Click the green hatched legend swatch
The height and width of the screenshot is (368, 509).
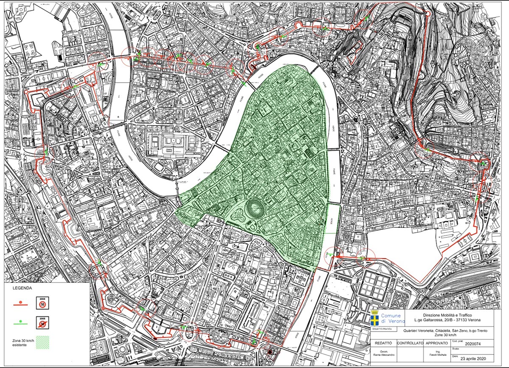click(42, 342)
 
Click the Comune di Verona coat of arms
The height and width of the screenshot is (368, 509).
click(375, 318)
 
